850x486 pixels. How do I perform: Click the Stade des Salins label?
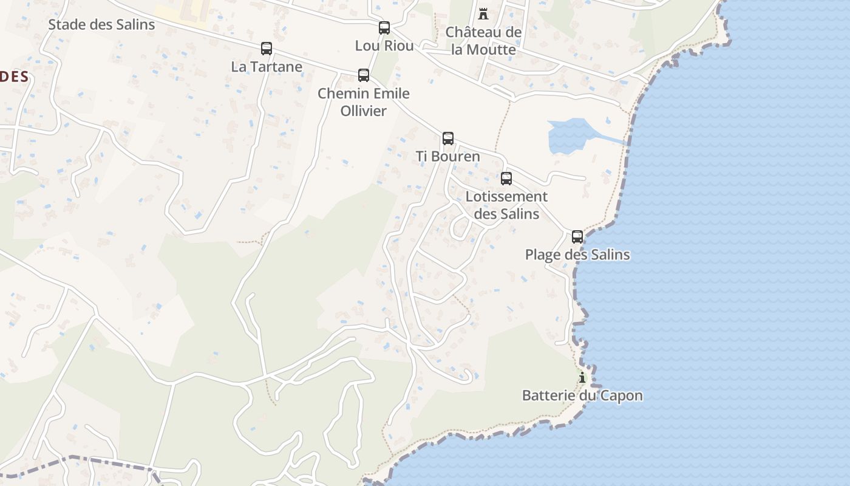[101, 25]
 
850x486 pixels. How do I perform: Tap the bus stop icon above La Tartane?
[266, 49]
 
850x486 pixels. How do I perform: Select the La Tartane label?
[267, 67]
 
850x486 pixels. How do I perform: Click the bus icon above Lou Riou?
[384, 27]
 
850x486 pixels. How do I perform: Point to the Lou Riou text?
[384, 46]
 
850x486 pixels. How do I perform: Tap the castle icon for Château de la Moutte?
[483, 13]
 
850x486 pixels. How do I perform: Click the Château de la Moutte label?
[483, 41]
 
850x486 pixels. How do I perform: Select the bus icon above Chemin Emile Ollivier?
[363, 75]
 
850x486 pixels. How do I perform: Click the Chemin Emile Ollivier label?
[363, 102]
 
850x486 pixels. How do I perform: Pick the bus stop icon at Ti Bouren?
[447, 139]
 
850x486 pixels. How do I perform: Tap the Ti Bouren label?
[447, 157]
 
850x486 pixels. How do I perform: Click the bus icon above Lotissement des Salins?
[506, 179]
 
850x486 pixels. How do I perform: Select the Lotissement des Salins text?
[506, 205]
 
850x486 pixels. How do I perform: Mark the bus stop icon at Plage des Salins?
[577, 237]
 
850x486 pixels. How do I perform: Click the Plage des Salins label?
[577, 255]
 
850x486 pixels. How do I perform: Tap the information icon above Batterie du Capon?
[582, 378]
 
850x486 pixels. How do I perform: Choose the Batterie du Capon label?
[582, 396]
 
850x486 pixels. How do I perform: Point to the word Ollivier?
[363, 111]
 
